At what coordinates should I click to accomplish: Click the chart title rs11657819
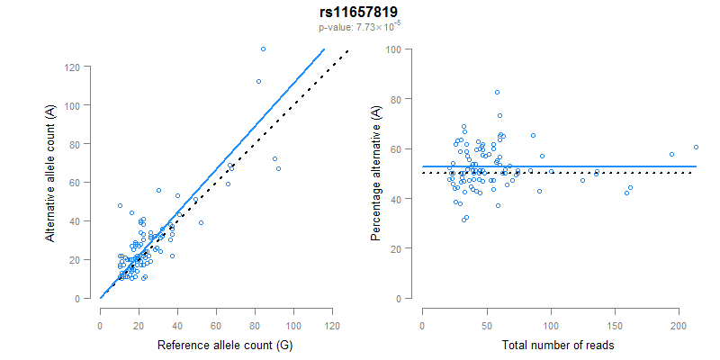click(359, 12)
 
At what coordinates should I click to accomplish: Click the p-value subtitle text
click(359, 28)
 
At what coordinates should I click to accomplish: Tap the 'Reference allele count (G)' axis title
click(216, 346)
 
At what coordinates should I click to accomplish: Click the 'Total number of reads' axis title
click(558, 346)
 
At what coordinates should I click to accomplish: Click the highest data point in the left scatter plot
click(263, 49)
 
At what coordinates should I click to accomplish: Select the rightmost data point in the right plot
click(696, 147)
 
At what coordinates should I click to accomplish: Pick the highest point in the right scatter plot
click(497, 92)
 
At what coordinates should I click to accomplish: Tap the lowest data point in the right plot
click(463, 220)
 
